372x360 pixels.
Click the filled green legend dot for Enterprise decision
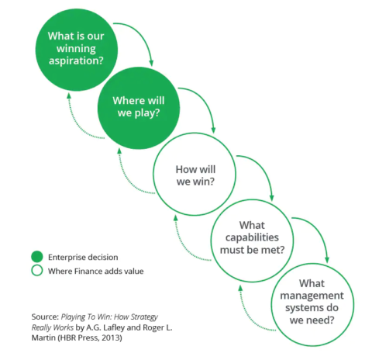(x=36, y=257)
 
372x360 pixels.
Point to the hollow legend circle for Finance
(x=36, y=271)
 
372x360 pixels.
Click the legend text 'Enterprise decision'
(x=83, y=257)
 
